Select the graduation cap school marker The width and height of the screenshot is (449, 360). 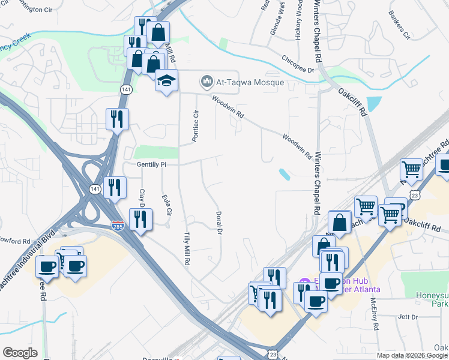click(166, 80)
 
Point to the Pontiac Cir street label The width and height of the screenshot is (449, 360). click(195, 126)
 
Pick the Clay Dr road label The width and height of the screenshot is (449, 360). click(143, 199)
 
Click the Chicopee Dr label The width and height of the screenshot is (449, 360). click(298, 64)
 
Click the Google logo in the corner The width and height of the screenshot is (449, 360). click(20, 353)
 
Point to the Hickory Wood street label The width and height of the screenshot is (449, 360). click(298, 21)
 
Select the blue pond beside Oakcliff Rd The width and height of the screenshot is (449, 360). click(373, 104)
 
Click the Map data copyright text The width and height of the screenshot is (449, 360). click(412, 355)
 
